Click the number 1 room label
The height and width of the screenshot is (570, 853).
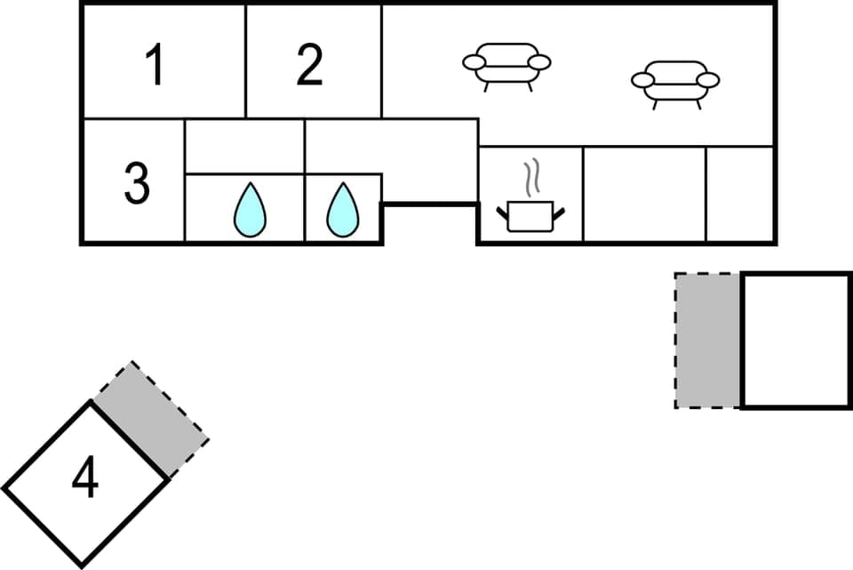tap(155, 66)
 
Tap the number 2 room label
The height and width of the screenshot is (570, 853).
tap(309, 66)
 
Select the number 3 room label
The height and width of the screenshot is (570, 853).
tap(136, 183)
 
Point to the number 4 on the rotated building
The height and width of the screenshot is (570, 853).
tap(84, 479)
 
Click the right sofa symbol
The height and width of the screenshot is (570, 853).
tap(675, 83)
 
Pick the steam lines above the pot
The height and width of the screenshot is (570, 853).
tap(530, 178)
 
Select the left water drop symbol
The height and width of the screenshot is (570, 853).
tap(250, 211)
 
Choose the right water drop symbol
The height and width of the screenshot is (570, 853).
tap(342, 211)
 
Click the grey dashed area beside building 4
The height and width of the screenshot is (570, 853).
tap(151, 418)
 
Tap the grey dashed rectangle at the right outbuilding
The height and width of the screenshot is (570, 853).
tap(708, 341)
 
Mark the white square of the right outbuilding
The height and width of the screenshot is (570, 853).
tap(796, 341)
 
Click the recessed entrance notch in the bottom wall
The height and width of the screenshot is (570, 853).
tap(430, 224)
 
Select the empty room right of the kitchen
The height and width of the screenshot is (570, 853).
tap(644, 194)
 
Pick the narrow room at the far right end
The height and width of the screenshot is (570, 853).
tap(740, 194)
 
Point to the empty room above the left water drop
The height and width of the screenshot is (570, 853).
tap(244, 147)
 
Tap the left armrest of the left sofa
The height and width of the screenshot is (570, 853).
tap(474, 62)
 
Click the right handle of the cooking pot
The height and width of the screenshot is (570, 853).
tap(558, 211)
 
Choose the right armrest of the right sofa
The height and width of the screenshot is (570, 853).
tap(708, 80)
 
